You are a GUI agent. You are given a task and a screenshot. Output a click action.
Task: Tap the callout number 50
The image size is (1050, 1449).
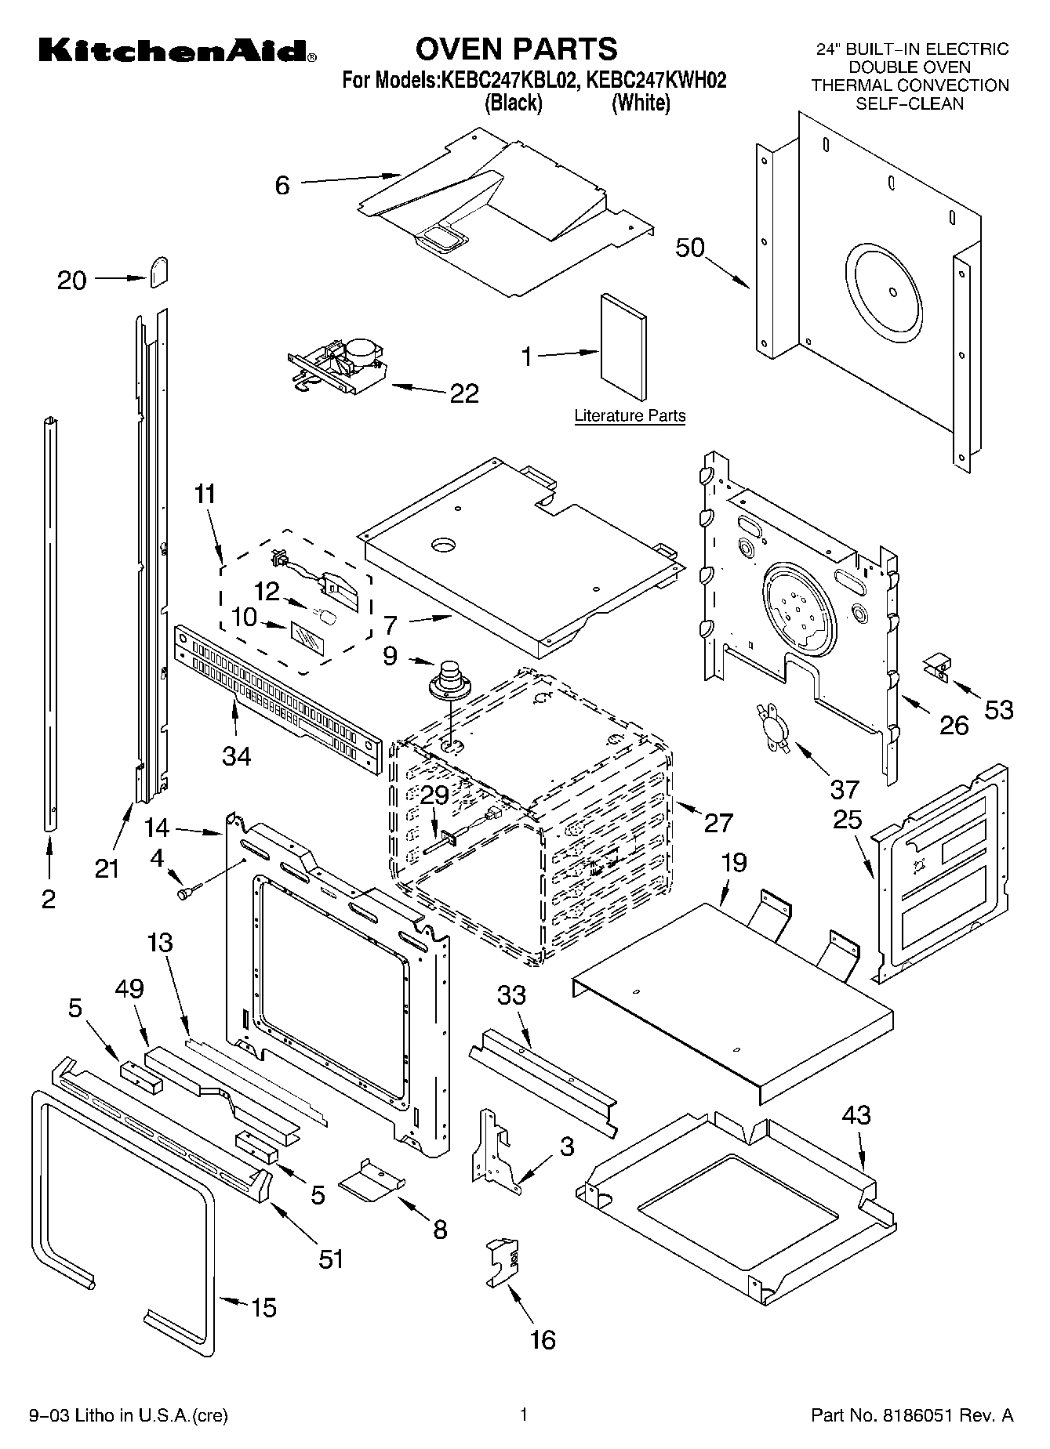(x=690, y=248)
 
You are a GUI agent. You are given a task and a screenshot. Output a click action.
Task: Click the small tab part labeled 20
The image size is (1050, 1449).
(x=159, y=271)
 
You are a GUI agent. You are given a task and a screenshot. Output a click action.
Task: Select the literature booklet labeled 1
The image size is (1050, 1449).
(x=624, y=346)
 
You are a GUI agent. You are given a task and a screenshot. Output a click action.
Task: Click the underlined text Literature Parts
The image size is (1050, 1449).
(x=630, y=415)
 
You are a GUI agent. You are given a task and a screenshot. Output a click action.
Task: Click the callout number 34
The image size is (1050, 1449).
(x=236, y=755)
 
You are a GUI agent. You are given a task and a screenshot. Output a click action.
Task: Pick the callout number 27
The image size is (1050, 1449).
(x=718, y=822)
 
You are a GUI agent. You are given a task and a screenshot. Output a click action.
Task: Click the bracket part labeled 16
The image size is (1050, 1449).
(x=503, y=1262)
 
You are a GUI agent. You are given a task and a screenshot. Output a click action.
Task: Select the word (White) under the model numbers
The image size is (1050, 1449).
(x=641, y=103)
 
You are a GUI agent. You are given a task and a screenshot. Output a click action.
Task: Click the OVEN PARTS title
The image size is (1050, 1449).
(x=516, y=49)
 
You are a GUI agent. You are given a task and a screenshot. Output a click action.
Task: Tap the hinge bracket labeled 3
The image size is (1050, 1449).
(x=492, y=1150)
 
